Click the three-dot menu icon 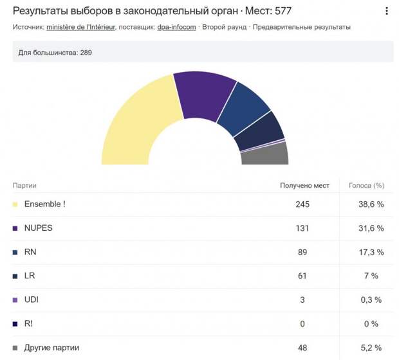(x=387, y=11)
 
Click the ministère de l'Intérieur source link (x=80, y=27)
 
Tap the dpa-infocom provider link (x=176, y=27)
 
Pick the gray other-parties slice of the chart (x=264, y=154)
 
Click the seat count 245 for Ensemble (x=302, y=204)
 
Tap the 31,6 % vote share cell (x=371, y=228)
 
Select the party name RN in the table (x=30, y=252)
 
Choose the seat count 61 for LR (x=302, y=276)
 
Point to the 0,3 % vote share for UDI (x=371, y=300)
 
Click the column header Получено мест (x=304, y=186)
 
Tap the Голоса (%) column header (x=366, y=186)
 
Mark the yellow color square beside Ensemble (x=15, y=204)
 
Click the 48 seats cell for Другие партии (x=302, y=348)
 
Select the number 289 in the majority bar (x=86, y=53)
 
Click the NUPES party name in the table (x=39, y=228)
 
